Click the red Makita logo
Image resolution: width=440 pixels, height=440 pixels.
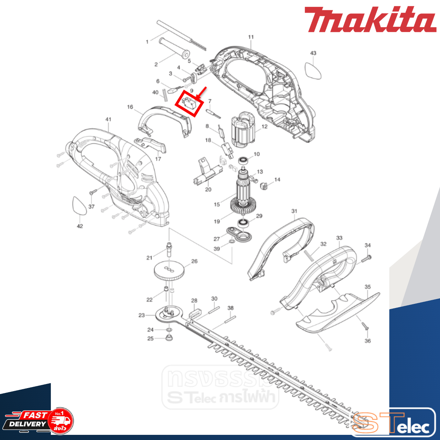click(x=370, y=20)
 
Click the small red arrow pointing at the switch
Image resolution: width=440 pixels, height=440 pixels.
click(x=201, y=92)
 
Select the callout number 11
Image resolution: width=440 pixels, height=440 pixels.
click(x=251, y=37)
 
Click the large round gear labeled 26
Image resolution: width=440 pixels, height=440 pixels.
click(x=169, y=271)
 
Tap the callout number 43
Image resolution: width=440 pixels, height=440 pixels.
click(x=313, y=53)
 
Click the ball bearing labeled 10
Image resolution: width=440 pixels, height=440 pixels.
click(x=244, y=161)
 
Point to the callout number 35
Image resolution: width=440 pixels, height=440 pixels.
click(x=367, y=287)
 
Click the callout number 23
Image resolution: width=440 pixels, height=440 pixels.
click(x=142, y=315)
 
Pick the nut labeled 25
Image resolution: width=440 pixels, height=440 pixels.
click(x=169, y=338)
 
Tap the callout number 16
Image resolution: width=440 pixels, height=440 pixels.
click(x=130, y=107)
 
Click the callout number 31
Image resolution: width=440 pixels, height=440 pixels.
click(x=294, y=211)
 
